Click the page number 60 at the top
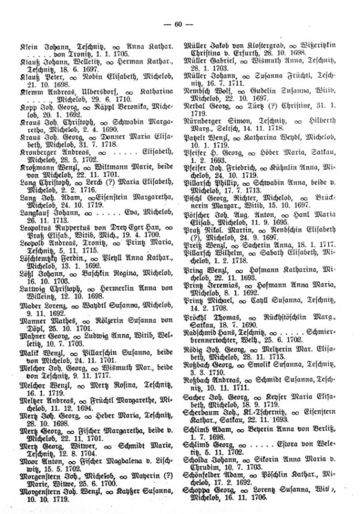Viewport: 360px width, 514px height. (x=180, y=23)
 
